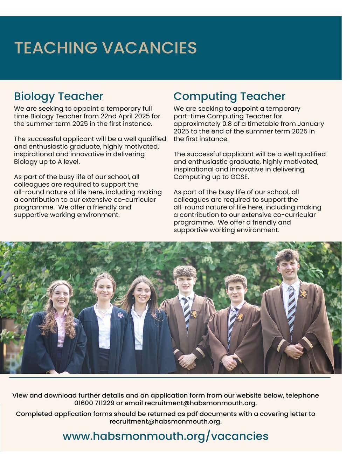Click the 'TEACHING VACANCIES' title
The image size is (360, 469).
[105, 48]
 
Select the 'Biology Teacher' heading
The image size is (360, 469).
[58, 96]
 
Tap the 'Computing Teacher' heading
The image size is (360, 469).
[229, 96]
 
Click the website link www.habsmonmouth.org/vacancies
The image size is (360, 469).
[165, 436]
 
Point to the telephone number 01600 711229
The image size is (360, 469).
[94, 403]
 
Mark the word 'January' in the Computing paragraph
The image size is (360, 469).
[311, 124]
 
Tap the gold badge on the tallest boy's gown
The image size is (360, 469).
[303, 294]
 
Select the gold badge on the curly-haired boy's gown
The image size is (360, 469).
[194, 314]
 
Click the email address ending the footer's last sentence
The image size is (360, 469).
[165, 421]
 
